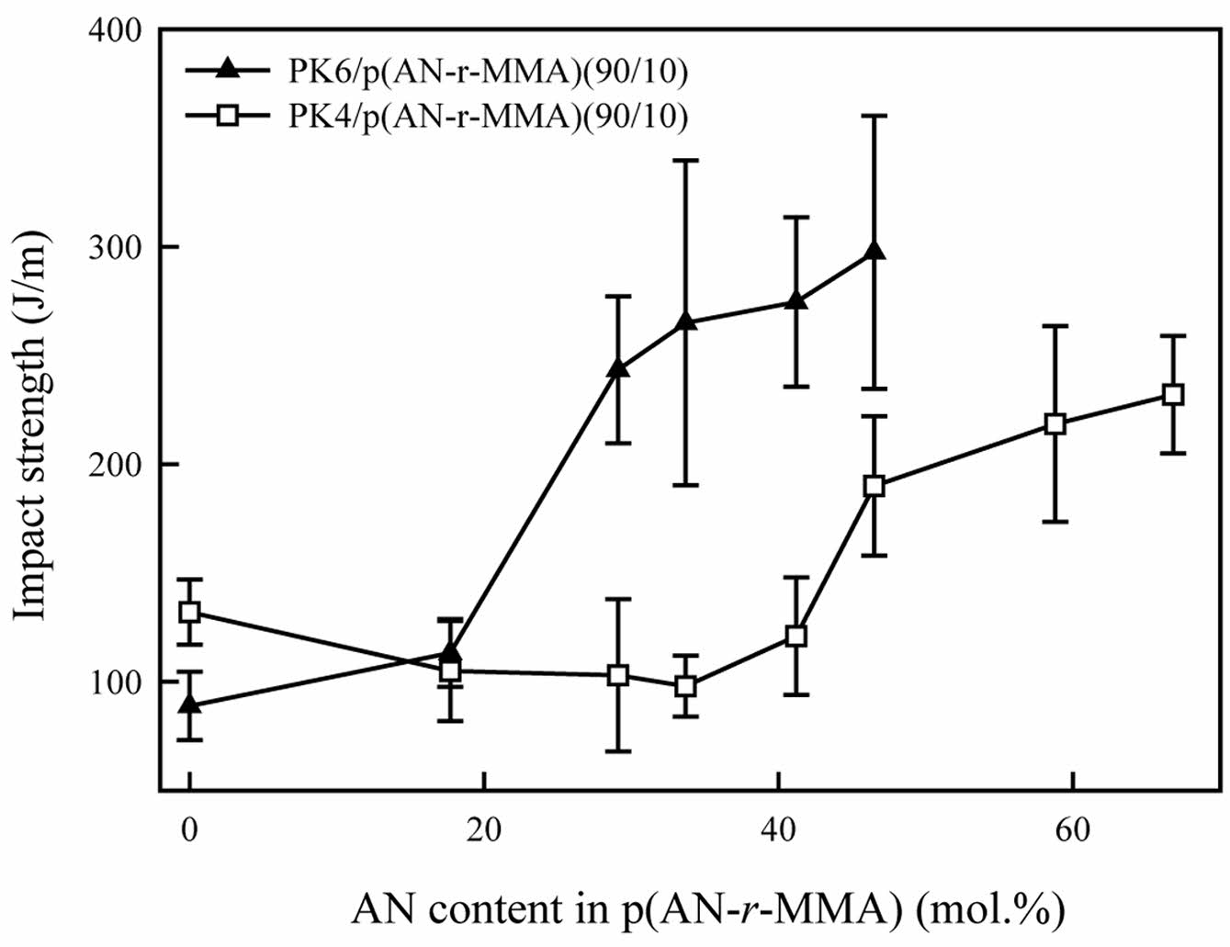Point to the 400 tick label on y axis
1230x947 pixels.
click(117, 30)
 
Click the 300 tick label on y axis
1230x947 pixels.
click(117, 247)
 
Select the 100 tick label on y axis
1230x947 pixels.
click(117, 682)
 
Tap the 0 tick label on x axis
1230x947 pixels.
click(189, 830)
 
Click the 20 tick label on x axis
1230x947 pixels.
click(483, 830)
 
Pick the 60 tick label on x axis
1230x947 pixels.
click(1072, 830)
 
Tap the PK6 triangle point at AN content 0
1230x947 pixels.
click(189, 705)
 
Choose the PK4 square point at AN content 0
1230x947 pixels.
click(189, 612)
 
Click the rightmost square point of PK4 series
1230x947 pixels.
click(1172, 394)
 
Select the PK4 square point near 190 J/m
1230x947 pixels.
click(875, 486)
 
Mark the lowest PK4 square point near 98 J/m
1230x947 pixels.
click(684, 685)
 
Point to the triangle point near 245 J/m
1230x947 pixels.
click(618, 368)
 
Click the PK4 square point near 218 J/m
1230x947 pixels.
click(1055, 423)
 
